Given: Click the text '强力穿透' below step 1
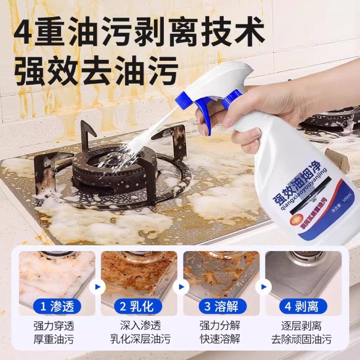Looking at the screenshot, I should coord(54,326).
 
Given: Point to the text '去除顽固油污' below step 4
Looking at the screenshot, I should coord(301,339).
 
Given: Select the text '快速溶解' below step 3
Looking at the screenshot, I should coord(220,339).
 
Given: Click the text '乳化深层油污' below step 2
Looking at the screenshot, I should coord(140,339).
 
